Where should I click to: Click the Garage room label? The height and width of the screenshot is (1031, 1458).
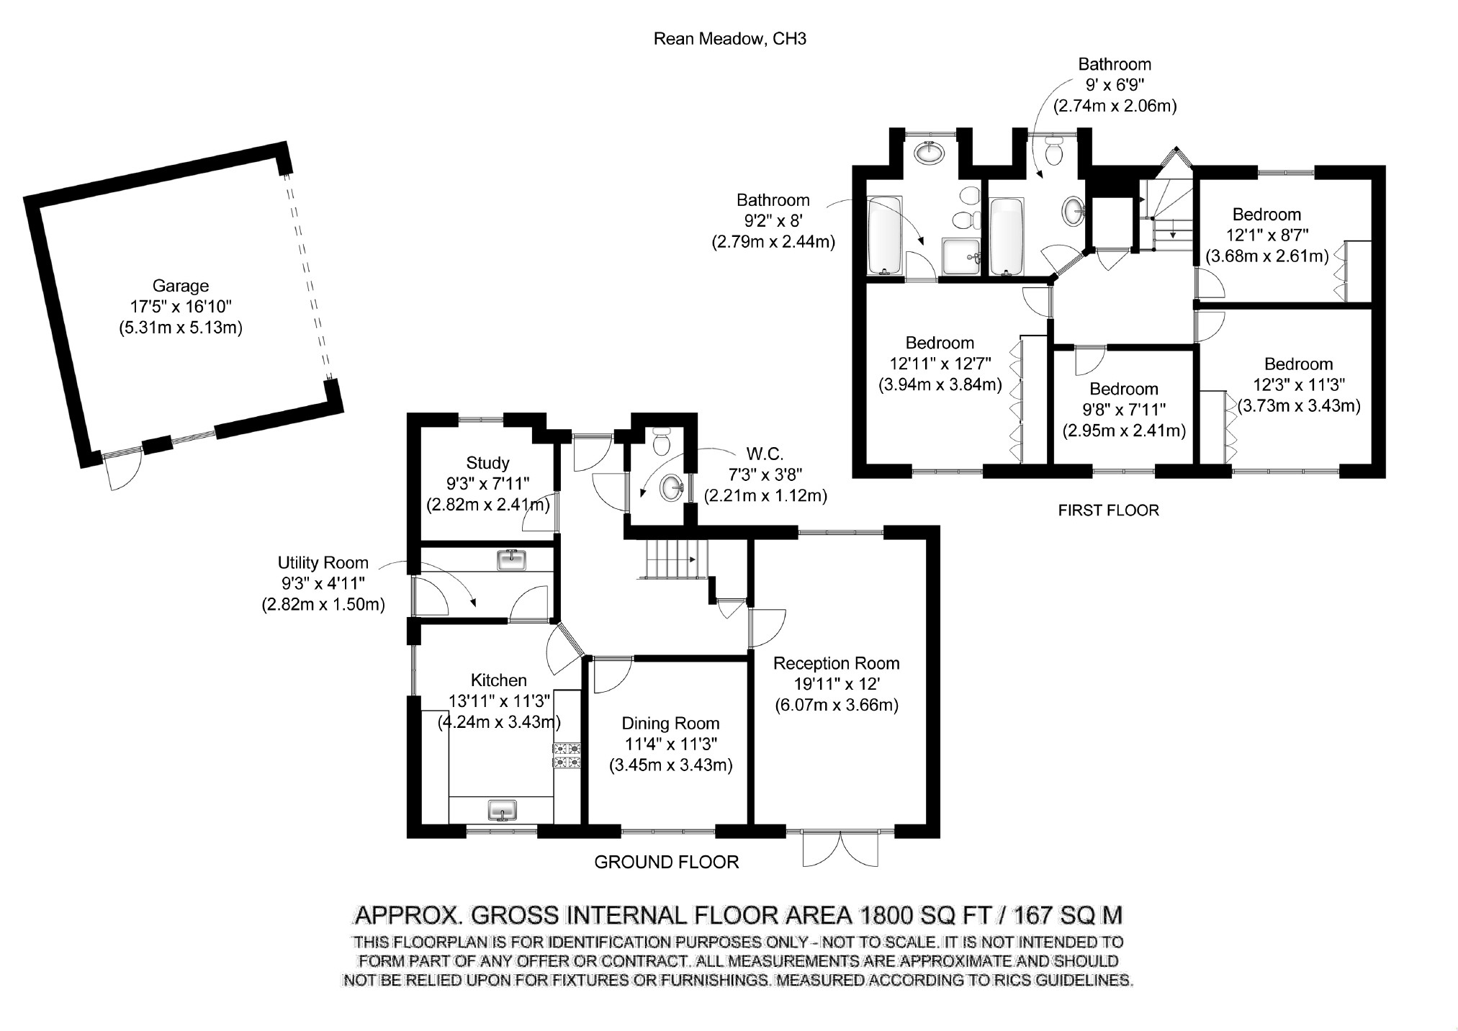[x=180, y=286]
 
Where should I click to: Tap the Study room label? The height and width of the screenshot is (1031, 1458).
[x=487, y=463]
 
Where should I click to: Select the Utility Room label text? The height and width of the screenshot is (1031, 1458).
[x=323, y=563]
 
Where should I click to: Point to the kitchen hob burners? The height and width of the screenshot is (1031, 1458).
[x=567, y=755]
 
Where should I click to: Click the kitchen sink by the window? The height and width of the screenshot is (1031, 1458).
[x=503, y=810]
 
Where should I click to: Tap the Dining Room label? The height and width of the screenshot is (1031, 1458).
[x=670, y=724]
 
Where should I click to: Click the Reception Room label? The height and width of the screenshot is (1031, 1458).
[x=836, y=663]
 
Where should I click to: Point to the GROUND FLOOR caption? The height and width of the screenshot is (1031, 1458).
[x=666, y=862]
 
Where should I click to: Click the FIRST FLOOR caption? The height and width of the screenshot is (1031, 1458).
[x=1108, y=510]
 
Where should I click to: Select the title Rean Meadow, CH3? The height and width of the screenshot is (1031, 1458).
[x=729, y=39]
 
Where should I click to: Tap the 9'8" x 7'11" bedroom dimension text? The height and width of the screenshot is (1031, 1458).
[x=1123, y=410]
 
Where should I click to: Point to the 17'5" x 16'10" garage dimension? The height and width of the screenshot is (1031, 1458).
[x=180, y=307]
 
